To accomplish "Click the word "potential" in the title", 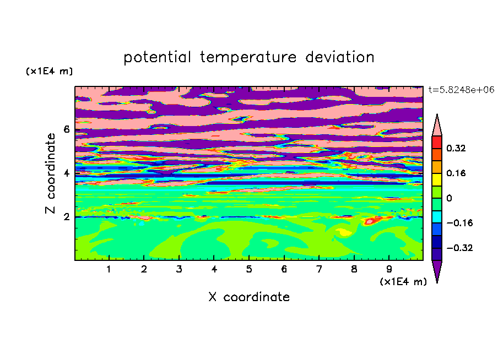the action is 157,57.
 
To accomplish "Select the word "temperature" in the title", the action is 248,57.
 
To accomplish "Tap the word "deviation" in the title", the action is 340,57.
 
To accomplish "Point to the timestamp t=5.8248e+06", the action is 461,90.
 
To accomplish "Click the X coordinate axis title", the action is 249,297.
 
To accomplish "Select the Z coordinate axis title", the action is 50,173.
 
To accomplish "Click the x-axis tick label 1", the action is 109,269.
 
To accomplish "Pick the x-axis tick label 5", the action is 249,269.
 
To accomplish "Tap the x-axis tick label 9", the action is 389,269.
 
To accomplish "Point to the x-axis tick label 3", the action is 179,269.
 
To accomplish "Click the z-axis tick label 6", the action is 66,129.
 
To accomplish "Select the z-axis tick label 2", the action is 66,217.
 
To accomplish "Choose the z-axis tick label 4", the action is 66,173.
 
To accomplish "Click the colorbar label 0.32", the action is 456,148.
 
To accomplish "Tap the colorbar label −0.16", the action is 459,223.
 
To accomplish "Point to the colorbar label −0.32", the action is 459,248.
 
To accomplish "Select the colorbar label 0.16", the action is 456,173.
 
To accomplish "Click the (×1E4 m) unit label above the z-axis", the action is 49,71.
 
